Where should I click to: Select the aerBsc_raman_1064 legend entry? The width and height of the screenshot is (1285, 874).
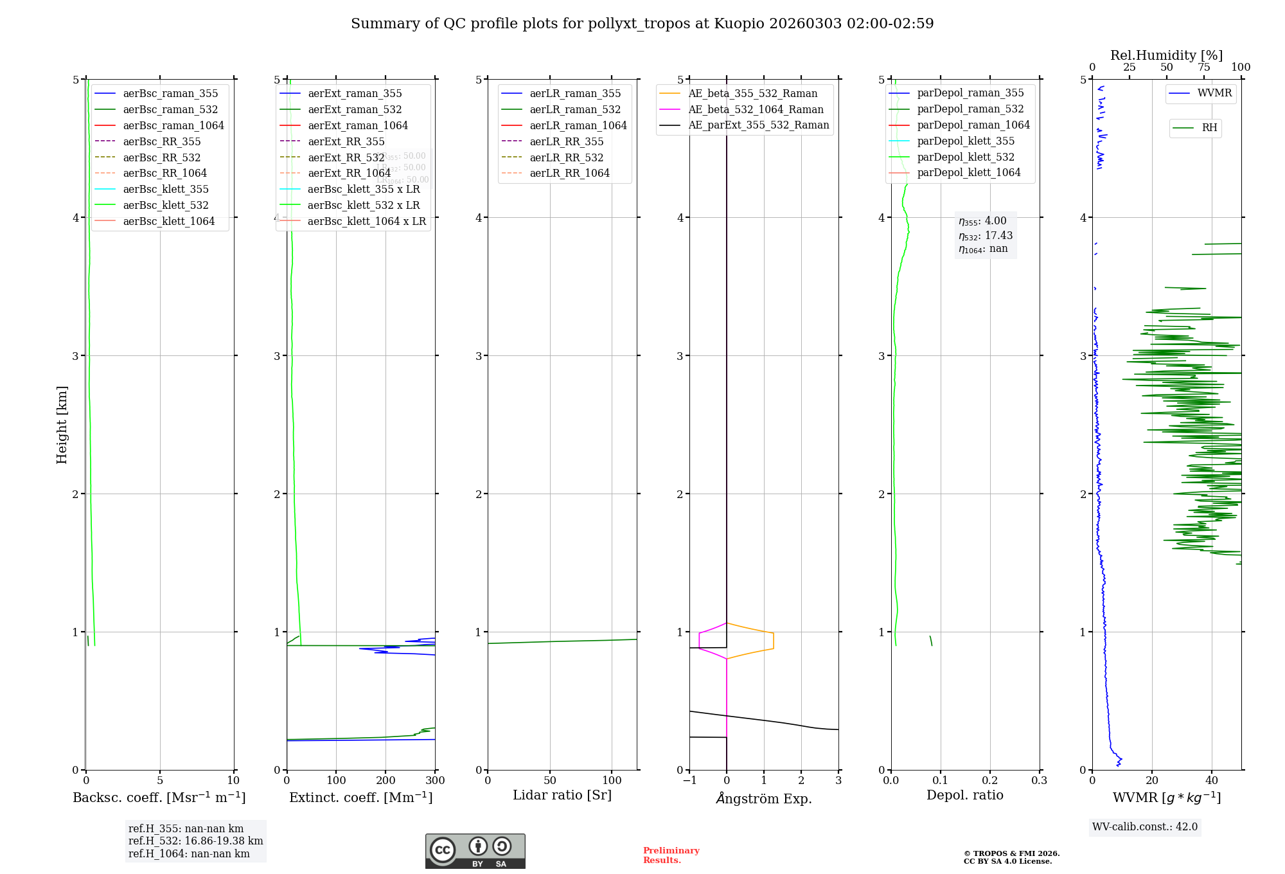(x=173, y=125)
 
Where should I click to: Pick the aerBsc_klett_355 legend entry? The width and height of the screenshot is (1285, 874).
(x=166, y=189)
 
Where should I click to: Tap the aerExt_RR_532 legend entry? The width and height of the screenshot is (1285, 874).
(x=346, y=157)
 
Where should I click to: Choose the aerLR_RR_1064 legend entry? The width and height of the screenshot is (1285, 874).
(x=569, y=173)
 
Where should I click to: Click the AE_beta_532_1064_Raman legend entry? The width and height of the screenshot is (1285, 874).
(x=756, y=109)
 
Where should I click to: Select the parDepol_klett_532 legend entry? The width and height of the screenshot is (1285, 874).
(x=966, y=157)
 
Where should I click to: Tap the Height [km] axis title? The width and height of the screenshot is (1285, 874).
(x=62, y=425)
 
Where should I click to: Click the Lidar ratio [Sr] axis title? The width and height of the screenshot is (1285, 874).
(x=562, y=795)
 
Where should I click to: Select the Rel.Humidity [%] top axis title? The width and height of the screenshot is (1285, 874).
(x=1166, y=55)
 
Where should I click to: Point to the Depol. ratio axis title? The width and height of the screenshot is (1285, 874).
(x=964, y=795)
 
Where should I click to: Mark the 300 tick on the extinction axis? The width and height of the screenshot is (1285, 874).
(x=435, y=781)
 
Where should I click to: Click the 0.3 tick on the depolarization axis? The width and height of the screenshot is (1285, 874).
(x=1039, y=781)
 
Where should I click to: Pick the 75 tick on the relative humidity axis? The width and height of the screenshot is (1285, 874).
(x=1203, y=67)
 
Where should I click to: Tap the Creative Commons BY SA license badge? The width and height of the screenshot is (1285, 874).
(x=475, y=852)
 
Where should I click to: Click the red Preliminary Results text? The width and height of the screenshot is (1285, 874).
(x=671, y=855)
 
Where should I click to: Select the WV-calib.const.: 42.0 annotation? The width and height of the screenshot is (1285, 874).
(x=1144, y=826)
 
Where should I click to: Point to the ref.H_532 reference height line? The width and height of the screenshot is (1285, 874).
(x=195, y=841)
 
